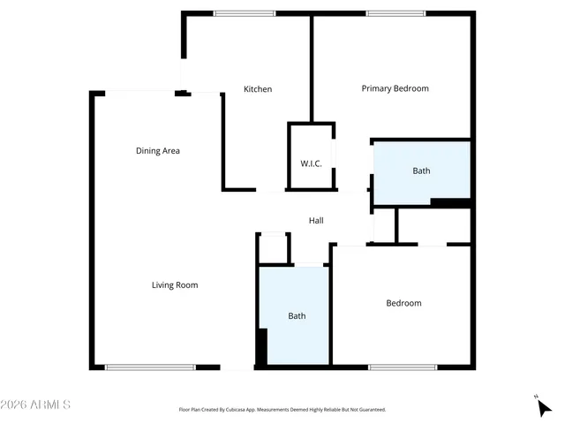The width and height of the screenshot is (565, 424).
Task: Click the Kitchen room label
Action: click(x=258, y=89)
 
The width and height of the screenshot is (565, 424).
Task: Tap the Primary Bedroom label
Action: click(x=395, y=88)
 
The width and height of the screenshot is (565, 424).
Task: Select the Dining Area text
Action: click(x=158, y=151)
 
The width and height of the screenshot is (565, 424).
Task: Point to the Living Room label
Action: click(x=175, y=285)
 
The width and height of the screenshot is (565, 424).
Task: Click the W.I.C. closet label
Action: click(x=311, y=164)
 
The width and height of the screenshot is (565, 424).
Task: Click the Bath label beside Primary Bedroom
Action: click(x=422, y=170)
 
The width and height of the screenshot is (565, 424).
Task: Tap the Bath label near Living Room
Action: click(x=297, y=315)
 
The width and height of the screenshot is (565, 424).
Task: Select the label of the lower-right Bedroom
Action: click(x=403, y=304)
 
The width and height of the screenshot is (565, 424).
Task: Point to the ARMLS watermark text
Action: click(x=36, y=405)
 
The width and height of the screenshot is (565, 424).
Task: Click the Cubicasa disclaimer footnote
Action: click(x=282, y=410)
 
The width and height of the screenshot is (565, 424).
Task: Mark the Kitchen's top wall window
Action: click(x=245, y=13)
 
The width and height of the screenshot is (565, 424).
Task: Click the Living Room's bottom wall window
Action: click(x=150, y=367)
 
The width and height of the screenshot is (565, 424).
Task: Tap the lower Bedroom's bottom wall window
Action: click(x=403, y=367)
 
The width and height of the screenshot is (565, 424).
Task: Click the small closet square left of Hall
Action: click(x=274, y=248)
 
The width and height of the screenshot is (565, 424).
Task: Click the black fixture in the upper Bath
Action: click(x=450, y=203)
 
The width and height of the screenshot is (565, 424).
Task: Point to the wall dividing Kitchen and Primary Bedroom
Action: click(x=312, y=67)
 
